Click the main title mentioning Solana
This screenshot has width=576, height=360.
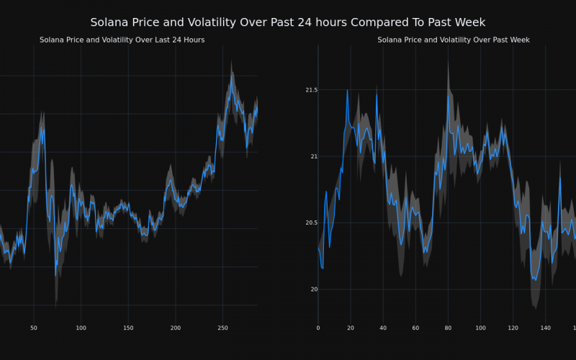287,22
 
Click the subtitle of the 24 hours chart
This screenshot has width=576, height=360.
122,40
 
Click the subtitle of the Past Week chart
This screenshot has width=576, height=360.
453,40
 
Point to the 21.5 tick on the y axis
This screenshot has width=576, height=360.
311,90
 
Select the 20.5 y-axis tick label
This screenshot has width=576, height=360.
311,222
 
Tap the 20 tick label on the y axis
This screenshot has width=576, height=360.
313,289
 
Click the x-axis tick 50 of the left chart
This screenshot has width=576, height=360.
33,328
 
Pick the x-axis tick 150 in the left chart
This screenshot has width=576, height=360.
128,328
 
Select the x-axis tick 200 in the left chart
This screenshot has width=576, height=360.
176,328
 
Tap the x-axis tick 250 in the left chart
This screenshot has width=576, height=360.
222,328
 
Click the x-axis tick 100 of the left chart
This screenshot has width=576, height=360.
81,328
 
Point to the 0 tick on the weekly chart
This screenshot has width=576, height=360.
318,328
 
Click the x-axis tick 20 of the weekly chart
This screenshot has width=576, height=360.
351,328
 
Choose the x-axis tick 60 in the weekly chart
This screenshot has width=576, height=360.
415,328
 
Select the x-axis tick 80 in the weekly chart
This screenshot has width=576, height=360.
448,328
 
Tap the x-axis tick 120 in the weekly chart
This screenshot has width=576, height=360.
513,328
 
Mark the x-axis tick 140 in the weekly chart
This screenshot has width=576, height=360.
545,328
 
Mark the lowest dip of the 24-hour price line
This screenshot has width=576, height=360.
55,275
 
